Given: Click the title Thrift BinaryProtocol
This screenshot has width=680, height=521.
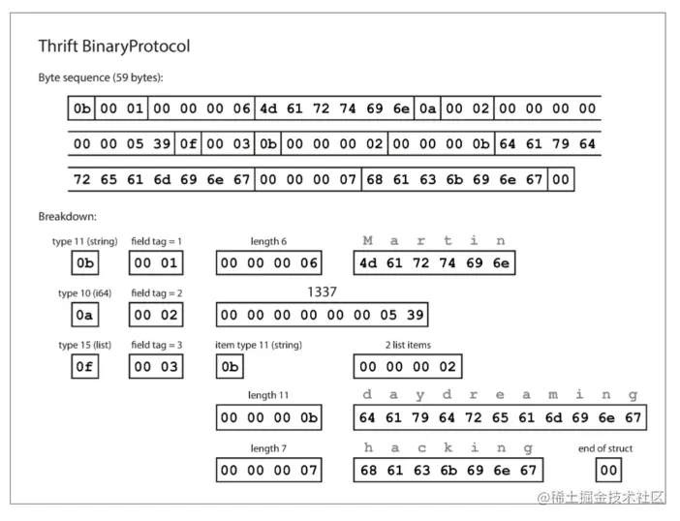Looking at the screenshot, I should tap(113, 46).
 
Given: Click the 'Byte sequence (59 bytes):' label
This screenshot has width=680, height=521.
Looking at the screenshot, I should tap(101, 77).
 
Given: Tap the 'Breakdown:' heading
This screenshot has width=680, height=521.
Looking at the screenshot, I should tap(68, 216).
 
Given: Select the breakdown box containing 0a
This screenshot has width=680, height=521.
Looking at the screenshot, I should tap(85, 315).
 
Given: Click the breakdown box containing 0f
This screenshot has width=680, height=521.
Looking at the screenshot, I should tap(85, 367).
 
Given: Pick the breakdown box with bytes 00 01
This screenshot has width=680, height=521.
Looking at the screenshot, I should tap(155, 262).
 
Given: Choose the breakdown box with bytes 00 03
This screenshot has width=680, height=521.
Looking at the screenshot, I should tap(155, 367).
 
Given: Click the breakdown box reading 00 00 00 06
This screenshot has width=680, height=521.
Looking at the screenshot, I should tap(268, 262).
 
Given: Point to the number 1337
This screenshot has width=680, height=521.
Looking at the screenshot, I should tap(322, 291).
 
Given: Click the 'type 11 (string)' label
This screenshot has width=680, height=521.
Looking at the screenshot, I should tap(84, 241).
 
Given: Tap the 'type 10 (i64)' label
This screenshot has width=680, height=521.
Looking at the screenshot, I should tap(84, 292).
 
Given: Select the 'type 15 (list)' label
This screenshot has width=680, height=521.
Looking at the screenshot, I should tap(84, 345).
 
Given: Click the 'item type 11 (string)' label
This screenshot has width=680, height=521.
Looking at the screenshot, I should tap(259, 345).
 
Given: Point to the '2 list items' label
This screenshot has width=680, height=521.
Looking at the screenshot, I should tap(408, 345).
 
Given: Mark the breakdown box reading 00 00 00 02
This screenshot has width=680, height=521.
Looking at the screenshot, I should tap(408, 367).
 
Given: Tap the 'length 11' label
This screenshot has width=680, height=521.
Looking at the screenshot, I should tap(268, 396).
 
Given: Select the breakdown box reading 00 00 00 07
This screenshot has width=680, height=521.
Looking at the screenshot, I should tap(268, 471).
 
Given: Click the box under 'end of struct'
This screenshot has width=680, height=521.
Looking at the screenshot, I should tap(608, 471).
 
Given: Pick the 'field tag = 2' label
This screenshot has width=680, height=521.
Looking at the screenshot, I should tap(156, 292).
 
